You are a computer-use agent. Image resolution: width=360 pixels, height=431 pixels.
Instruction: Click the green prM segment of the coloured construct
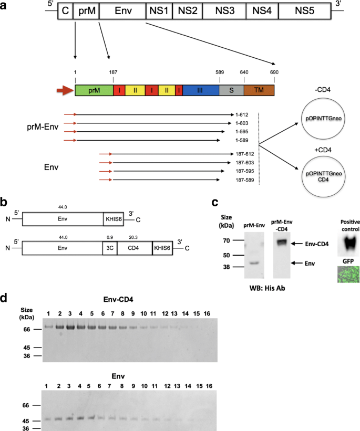coord(94,90)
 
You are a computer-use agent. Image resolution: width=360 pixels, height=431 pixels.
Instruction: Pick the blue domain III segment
coord(201,90)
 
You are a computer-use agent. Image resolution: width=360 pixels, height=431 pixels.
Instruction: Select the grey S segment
coord(231,90)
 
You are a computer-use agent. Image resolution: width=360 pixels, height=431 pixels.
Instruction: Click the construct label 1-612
coord(242,114)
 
